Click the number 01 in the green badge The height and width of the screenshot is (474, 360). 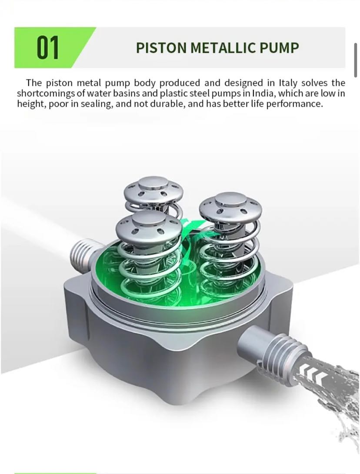pyautogui.click(x=48, y=47)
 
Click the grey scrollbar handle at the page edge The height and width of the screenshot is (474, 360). pyautogui.click(x=356, y=60)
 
